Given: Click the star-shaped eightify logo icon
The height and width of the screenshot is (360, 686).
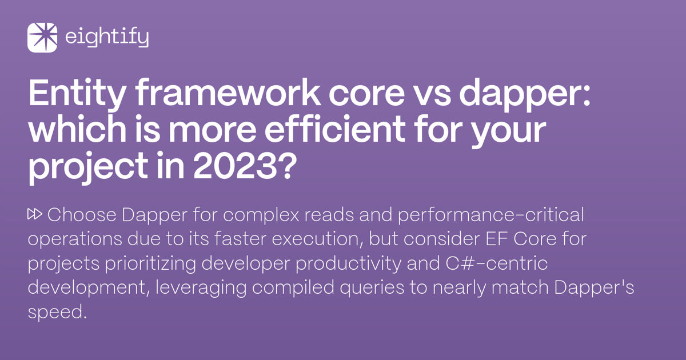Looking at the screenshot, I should pos(42,38).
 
